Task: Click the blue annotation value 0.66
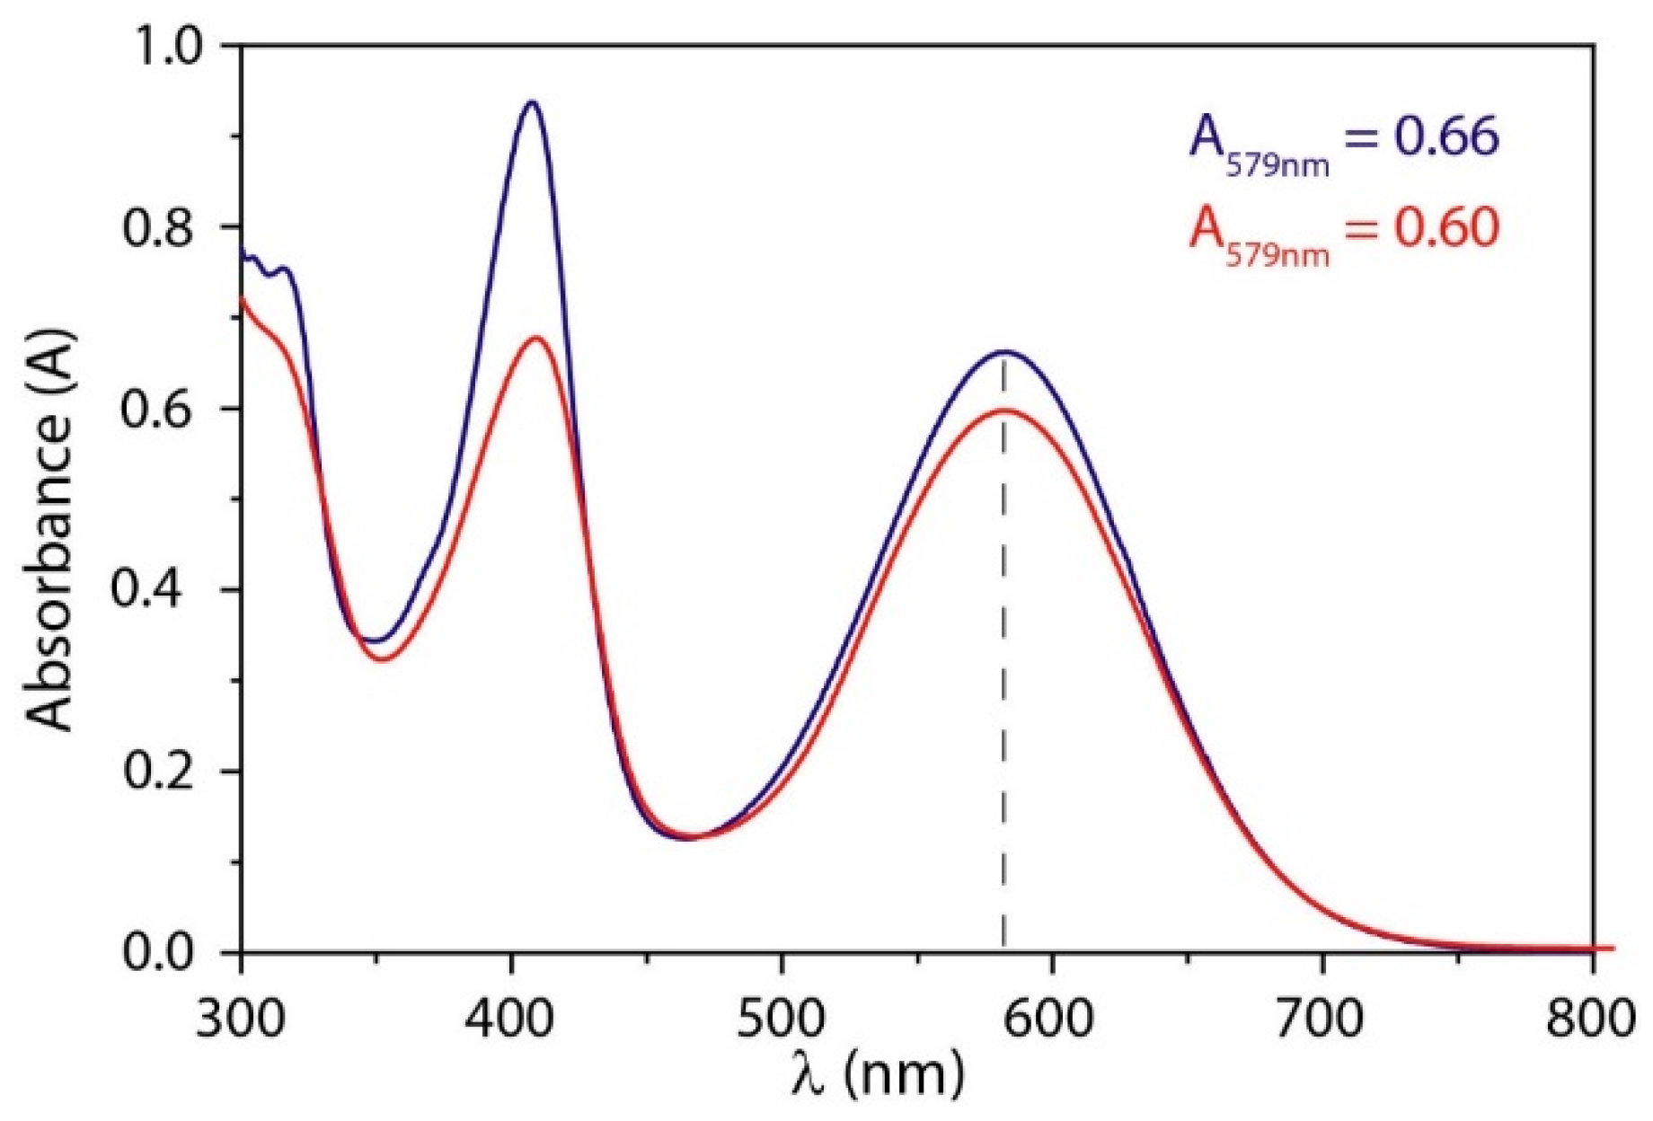coord(1446,137)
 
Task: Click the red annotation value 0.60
coord(1446,227)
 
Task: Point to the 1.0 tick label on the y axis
coord(169,45)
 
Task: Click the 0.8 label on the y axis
coord(169,227)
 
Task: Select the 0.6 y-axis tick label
coord(169,409)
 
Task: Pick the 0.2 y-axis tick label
coord(169,772)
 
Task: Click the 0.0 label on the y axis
coord(169,952)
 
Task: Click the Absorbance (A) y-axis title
coord(49,530)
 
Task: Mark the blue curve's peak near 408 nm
coord(532,102)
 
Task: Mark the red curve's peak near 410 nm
coord(536,338)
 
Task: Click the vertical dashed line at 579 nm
coord(1003,674)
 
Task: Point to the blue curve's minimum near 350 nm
coord(376,640)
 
